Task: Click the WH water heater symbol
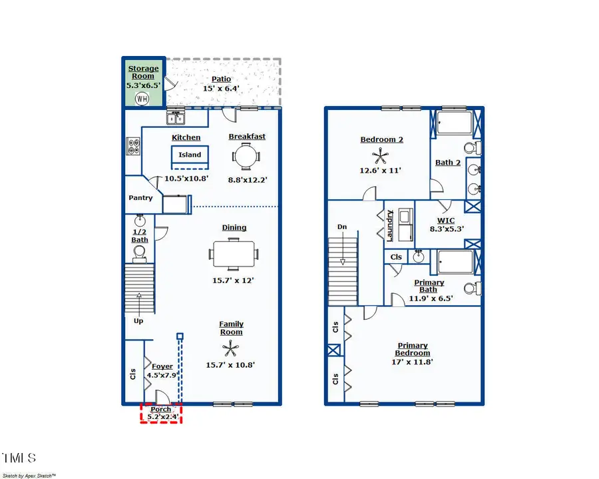coord(142,99)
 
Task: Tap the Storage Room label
coord(143,72)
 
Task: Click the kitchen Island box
coord(190,155)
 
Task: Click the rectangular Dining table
coord(234,254)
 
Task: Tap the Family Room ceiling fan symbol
coord(231,348)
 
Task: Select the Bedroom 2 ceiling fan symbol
coord(381,157)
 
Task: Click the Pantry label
coord(140,198)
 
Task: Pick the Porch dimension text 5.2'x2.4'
coord(161,417)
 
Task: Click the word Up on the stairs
coord(138,320)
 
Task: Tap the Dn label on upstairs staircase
coord(342,227)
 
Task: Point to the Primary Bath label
coord(429,286)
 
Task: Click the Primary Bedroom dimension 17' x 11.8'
coord(413,362)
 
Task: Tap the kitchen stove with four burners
coord(132,147)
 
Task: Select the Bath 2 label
coord(448,163)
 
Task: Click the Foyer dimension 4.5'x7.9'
coord(162,375)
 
